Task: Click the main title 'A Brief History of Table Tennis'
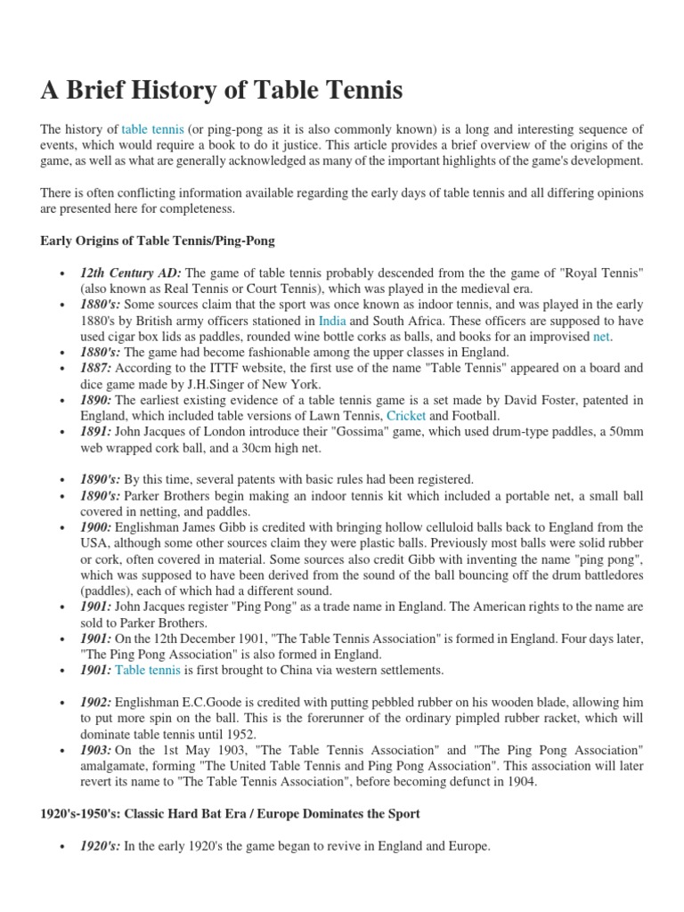pos(222,90)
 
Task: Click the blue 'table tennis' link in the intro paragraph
pos(152,130)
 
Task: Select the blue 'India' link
pos(332,322)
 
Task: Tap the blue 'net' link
pos(603,338)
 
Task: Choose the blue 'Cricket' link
pos(406,417)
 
